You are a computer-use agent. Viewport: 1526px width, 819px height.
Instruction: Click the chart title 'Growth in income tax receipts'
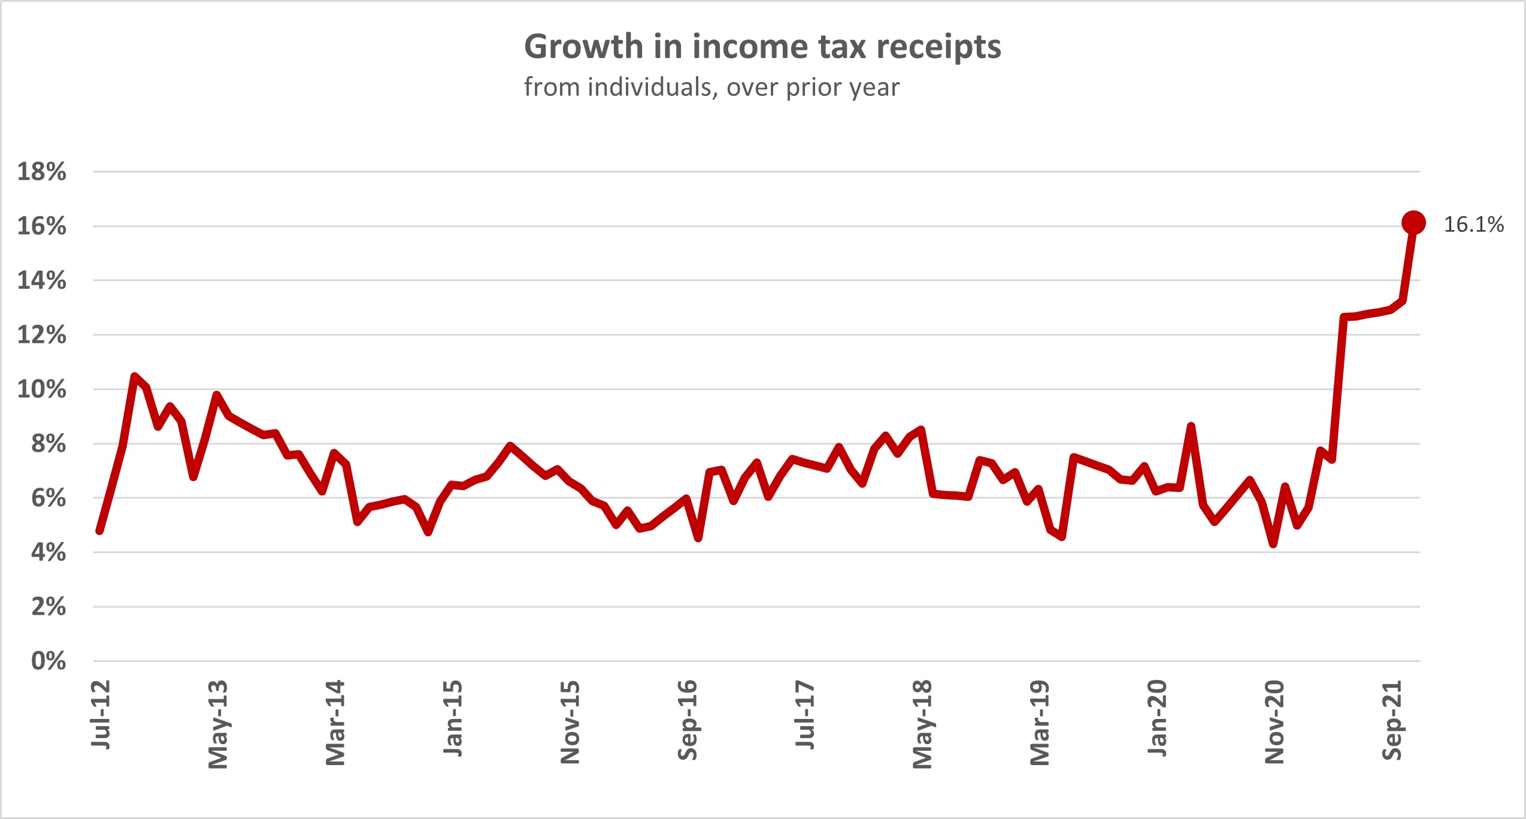coord(762,47)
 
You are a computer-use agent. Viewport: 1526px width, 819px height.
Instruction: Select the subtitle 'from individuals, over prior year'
coord(711,87)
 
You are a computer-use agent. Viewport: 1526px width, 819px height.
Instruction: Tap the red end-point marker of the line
coord(1413,223)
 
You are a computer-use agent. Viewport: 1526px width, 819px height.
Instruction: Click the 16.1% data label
coord(1473,225)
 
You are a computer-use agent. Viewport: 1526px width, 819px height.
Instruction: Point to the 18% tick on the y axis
coord(42,172)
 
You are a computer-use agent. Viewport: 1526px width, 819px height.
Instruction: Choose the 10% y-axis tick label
coord(42,389)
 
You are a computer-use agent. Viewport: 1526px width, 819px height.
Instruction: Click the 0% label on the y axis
coord(49,661)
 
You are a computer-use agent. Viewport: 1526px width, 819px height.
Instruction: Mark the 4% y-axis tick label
coord(49,552)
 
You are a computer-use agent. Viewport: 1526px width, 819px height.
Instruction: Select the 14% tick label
coord(42,280)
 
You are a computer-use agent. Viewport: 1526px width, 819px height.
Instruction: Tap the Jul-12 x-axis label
coord(101,714)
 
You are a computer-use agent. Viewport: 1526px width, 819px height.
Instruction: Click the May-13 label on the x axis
coord(218,724)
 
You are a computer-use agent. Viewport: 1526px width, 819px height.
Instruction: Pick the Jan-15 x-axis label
coord(453,718)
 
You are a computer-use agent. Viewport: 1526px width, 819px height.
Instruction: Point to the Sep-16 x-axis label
coord(688,720)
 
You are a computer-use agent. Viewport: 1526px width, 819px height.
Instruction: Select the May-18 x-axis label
coord(922,724)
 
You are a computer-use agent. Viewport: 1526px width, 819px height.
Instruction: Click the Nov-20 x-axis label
coord(1274,722)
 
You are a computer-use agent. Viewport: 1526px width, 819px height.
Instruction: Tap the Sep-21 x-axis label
coord(1392,720)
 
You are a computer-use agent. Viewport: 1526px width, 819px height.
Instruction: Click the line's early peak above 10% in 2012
coord(135,376)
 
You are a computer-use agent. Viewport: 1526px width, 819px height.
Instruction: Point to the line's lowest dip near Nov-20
coord(1273,544)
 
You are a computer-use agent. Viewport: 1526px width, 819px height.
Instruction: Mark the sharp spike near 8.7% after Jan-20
coord(1191,427)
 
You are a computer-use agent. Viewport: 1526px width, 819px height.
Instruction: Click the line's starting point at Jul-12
coord(99,531)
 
